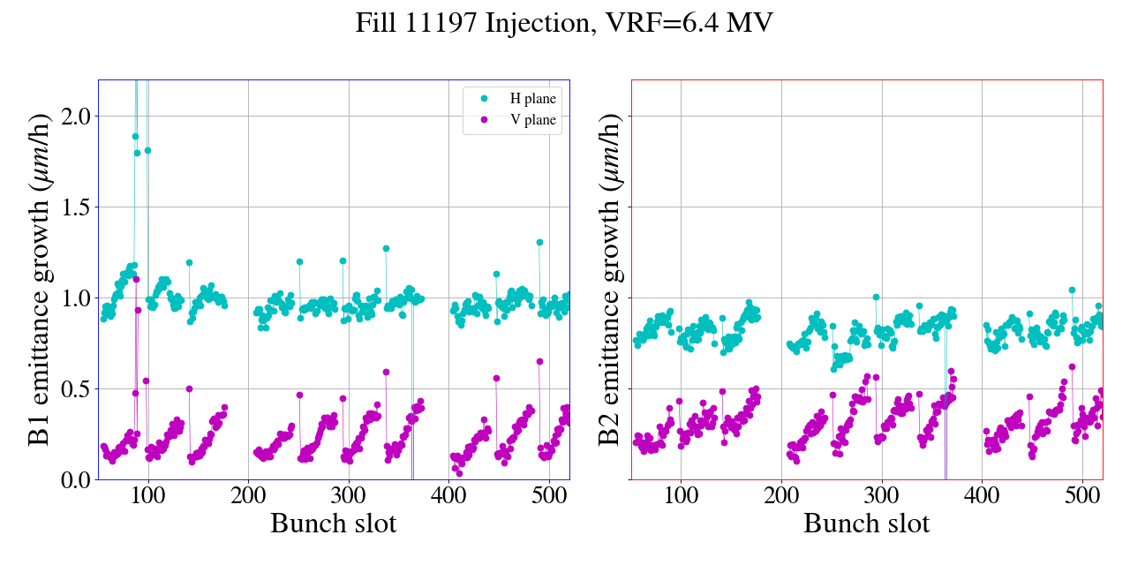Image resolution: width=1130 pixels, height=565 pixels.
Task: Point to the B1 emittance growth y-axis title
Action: pos(41,280)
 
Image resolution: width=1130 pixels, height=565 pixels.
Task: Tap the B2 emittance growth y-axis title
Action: pos(609,280)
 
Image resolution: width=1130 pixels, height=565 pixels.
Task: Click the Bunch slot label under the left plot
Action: pos(334,524)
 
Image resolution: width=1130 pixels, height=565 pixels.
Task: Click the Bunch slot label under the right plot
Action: pos(867,524)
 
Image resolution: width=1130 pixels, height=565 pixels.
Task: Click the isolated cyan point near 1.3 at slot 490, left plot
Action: pos(539,242)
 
